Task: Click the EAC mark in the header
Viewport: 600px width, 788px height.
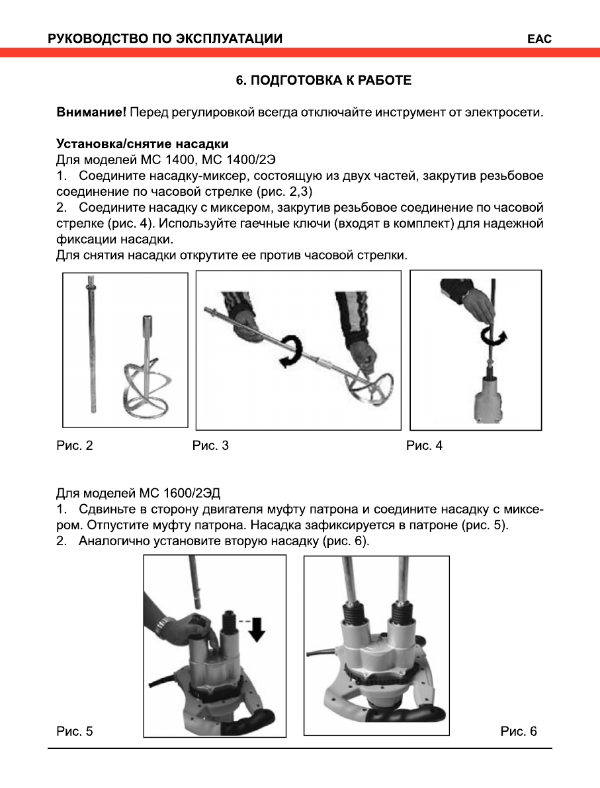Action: coord(539,39)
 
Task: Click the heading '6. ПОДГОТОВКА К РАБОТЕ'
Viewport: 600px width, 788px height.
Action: coord(324,81)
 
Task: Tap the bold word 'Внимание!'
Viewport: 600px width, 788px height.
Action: coord(91,112)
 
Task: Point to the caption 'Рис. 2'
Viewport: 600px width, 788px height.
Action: coord(74,446)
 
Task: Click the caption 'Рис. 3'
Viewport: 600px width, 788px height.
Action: coord(210,446)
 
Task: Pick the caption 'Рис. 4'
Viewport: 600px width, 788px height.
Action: coord(424,446)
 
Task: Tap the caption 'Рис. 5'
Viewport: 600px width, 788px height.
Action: coord(74,732)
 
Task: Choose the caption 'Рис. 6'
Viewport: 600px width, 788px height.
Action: coord(519,732)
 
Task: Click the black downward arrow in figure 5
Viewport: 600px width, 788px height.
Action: coord(257,629)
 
